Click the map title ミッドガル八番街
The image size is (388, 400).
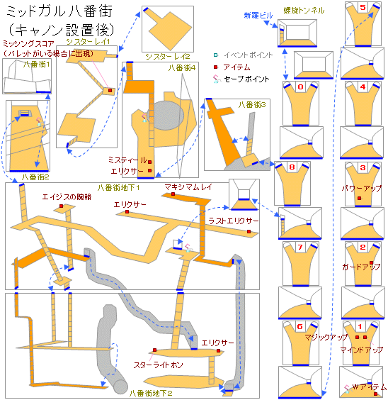point(59,12)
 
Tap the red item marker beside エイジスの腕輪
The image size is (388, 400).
point(62,206)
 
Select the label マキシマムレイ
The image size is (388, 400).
point(188,187)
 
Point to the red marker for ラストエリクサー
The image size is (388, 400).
point(249,231)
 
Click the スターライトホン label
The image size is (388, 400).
point(159,365)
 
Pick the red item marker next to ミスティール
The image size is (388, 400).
point(149,162)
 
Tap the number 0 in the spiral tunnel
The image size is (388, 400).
point(300,87)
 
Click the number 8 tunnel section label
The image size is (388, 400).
point(292,167)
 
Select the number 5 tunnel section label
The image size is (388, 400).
point(363,7)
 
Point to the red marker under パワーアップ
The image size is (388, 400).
point(359,198)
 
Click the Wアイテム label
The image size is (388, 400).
point(370,387)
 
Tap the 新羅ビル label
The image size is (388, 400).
point(258,16)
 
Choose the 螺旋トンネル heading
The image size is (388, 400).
point(304,10)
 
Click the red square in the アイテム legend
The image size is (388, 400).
point(216,67)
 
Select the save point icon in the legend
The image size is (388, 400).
point(217,79)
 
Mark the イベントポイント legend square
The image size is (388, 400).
point(216,55)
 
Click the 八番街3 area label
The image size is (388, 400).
point(252,104)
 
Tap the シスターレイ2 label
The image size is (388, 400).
point(168,56)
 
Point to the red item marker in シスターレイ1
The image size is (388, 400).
point(110,90)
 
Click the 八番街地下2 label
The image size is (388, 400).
point(151,393)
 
